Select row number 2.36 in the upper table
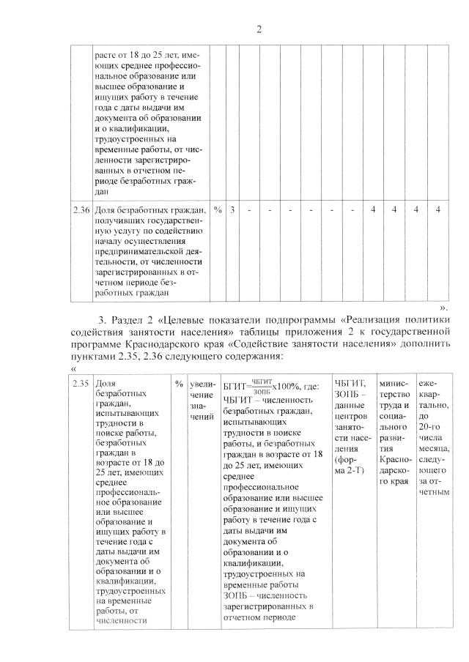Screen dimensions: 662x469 [81, 211]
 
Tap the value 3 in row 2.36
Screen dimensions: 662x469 [232, 211]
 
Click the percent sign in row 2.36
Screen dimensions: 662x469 [218, 211]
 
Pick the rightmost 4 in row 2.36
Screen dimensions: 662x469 [437, 211]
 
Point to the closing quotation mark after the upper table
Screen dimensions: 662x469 [443, 308]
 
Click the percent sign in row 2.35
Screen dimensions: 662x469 [179, 384]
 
